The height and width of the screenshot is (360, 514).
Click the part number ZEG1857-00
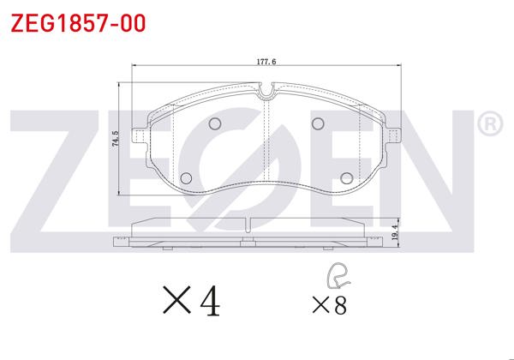[78, 23]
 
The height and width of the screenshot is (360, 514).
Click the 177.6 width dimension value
[266, 62]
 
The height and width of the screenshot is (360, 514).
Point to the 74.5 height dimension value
[116, 138]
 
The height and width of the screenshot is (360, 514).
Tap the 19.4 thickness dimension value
[396, 232]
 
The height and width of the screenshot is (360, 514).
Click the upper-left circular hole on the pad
[215, 123]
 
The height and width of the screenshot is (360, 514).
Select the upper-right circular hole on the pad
[318, 123]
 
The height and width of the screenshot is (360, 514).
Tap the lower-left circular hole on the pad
[186, 178]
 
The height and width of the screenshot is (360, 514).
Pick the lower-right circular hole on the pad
[346, 178]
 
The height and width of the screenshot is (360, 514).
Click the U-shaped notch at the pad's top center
[266, 91]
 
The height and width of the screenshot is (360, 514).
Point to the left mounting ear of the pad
[138, 135]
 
